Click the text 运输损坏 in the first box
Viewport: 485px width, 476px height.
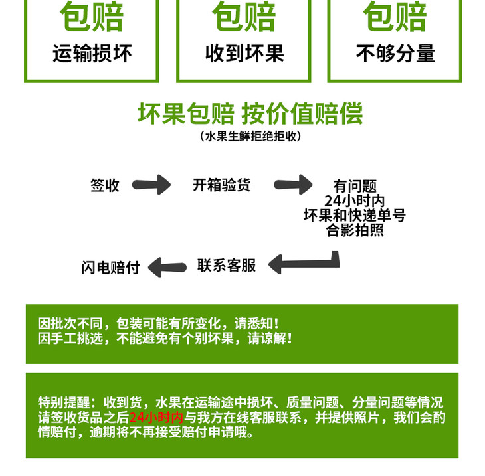(92, 53)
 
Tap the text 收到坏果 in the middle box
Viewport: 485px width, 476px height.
(244, 53)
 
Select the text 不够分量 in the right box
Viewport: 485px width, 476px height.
(395, 53)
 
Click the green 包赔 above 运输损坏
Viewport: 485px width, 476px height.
(92, 18)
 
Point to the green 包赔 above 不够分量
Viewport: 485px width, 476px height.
(395, 18)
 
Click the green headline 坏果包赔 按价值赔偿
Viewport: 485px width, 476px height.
(250, 114)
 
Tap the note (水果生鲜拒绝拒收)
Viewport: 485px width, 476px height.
(250, 137)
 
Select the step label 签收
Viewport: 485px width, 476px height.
(105, 185)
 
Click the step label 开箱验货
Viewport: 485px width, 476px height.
(222, 185)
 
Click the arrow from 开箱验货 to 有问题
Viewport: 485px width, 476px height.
(293, 184)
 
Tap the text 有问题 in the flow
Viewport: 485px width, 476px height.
(355, 187)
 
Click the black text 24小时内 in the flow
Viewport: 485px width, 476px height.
(355, 201)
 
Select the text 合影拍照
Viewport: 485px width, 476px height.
(355, 230)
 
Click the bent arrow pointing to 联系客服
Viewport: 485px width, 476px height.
(306, 263)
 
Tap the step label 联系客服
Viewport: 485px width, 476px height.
(227, 266)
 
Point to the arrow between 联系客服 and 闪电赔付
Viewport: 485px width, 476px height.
(167, 268)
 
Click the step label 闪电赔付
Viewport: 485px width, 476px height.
(111, 268)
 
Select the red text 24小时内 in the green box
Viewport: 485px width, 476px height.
(155, 418)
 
